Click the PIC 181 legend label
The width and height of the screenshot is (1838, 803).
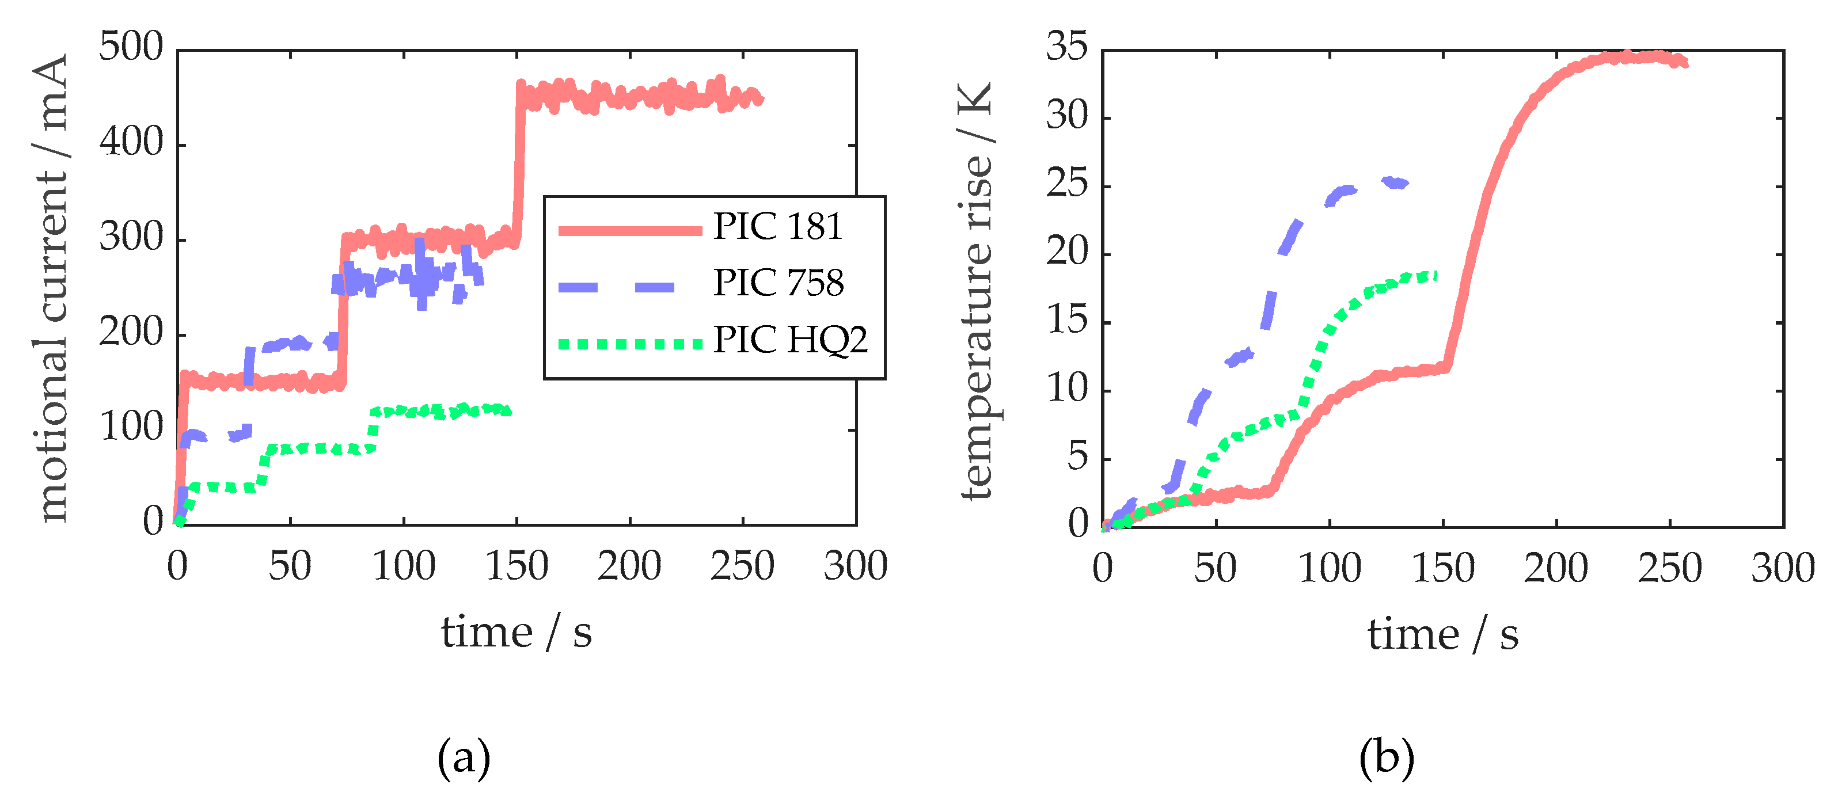(x=778, y=227)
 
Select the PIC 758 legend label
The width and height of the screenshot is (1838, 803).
(x=778, y=283)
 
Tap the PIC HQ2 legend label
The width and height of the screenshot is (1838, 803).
(x=791, y=340)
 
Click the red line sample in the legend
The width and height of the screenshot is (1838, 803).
(x=629, y=230)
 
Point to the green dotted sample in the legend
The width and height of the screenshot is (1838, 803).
(x=629, y=344)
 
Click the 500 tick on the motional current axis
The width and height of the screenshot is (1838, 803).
(x=131, y=48)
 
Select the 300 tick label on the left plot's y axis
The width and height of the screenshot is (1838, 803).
(x=131, y=238)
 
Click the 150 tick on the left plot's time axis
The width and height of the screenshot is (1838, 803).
(x=517, y=567)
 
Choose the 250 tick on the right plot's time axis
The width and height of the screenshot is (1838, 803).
(x=1670, y=568)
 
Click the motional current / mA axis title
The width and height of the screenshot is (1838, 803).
(x=51, y=287)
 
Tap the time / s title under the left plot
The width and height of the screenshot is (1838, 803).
(x=517, y=633)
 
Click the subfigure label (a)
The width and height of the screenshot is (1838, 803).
(x=464, y=758)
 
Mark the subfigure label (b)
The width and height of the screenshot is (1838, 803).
(x=1387, y=758)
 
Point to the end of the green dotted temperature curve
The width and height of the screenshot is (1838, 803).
(x=1434, y=275)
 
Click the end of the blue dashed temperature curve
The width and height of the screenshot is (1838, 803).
(x=1404, y=183)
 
